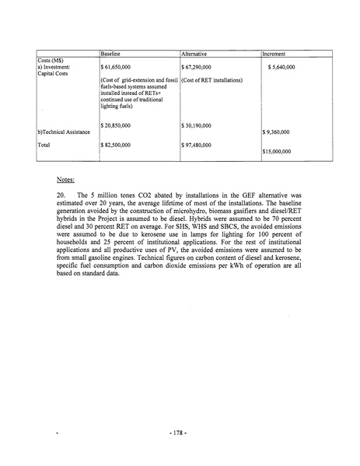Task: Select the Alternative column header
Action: pos(194,54)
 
